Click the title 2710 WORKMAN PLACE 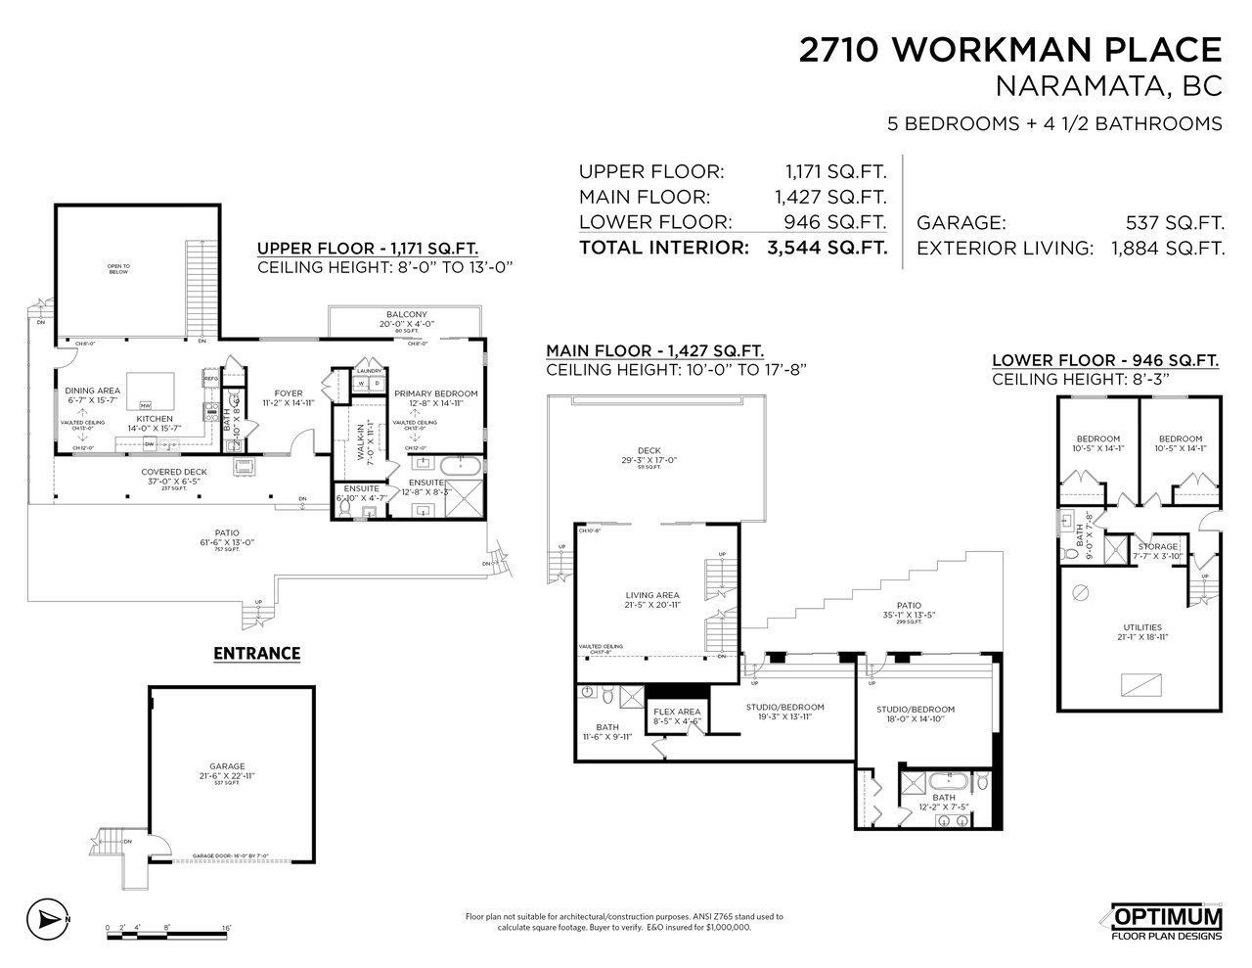1010,50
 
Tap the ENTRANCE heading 257,653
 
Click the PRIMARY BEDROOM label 436,393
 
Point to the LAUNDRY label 369,371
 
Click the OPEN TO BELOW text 118,269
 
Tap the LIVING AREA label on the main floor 651,595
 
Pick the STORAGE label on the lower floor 1157,546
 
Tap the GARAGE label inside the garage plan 232,766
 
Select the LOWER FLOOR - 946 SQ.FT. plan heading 1105,360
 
